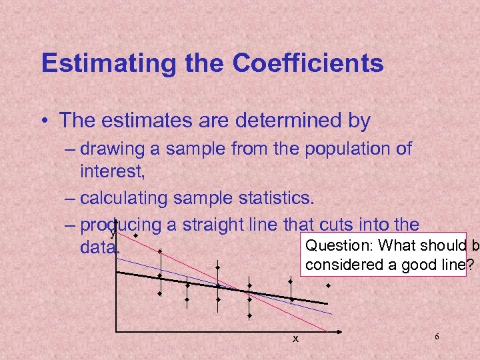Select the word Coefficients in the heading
(x=308, y=63)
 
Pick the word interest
(x=111, y=171)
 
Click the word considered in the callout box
(x=340, y=265)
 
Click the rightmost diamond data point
(x=328, y=285)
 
